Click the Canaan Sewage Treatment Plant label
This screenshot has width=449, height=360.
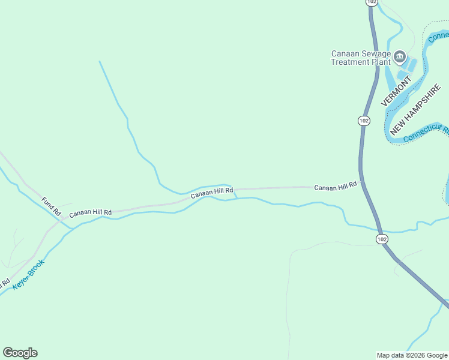(x=361, y=58)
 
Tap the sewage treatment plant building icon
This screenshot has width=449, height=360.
(x=400, y=58)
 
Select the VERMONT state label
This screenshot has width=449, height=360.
(x=396, y=91)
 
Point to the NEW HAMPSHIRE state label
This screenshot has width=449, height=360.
(x=416, y=110)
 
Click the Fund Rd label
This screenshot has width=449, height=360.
(x=51, y=206)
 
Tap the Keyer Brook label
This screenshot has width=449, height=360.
(x=29, y=275)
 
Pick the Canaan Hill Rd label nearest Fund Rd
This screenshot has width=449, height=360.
(x=90, y=213)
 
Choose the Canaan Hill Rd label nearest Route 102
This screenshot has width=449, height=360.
(x=335, y=187)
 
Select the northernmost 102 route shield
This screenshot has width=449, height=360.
(x=372, y=2)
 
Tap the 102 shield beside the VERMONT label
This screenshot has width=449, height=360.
(x=364, y=121)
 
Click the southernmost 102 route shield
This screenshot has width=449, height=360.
(x=382, y=239)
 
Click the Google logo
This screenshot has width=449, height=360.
(x=20, y=353)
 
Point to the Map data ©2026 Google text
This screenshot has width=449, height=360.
(x=412, y=355)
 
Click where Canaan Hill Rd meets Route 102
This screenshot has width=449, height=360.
(x=361, y=186)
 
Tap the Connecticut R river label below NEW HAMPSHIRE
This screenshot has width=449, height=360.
(x=426, y=133)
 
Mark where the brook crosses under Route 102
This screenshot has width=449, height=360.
(x=379, y=230)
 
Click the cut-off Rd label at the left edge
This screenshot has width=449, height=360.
(x=5, y=282)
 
